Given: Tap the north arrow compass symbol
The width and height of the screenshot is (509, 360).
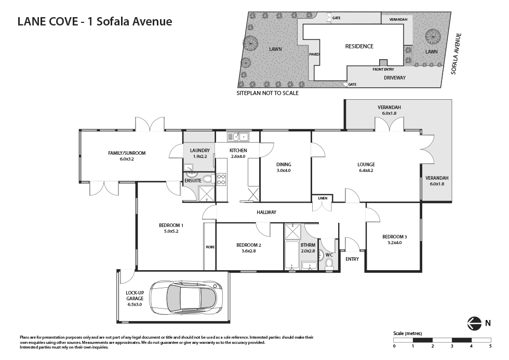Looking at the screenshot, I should (473, 323).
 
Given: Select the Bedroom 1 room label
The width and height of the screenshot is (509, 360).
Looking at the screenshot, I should (171, 228).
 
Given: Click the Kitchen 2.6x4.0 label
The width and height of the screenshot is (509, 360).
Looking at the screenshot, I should (238, 153).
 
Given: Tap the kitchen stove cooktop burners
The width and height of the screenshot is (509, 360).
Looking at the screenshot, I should (221, 179).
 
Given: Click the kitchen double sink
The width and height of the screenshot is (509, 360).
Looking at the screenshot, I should (238, 137).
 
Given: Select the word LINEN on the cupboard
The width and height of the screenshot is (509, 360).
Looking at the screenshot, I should (323, 198).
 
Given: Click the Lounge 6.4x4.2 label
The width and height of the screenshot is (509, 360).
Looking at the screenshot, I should (366, 167).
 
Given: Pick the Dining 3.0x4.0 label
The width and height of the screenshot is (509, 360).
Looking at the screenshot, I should (284, 167).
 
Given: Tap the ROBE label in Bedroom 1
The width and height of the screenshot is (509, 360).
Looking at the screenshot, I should (210, 247).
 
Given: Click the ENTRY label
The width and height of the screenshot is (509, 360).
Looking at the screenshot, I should (352, 259).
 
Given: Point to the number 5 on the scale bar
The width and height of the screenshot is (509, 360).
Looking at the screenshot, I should (490, 346).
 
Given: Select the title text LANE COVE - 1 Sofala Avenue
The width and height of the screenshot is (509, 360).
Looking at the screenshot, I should (95, 21).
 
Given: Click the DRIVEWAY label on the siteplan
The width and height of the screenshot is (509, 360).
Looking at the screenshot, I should (395, 77).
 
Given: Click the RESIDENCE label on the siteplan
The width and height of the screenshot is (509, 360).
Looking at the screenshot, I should (359, 46).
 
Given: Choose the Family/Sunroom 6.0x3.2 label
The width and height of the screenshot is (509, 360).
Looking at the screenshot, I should (127, 156).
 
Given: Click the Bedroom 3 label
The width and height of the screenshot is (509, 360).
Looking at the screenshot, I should (394, 239).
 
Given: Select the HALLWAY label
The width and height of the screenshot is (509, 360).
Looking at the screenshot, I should (266, 212).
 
